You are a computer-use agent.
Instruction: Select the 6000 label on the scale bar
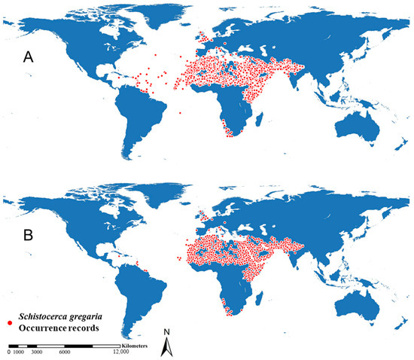(65, 352)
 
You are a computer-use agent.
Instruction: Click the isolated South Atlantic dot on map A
(181, 114)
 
